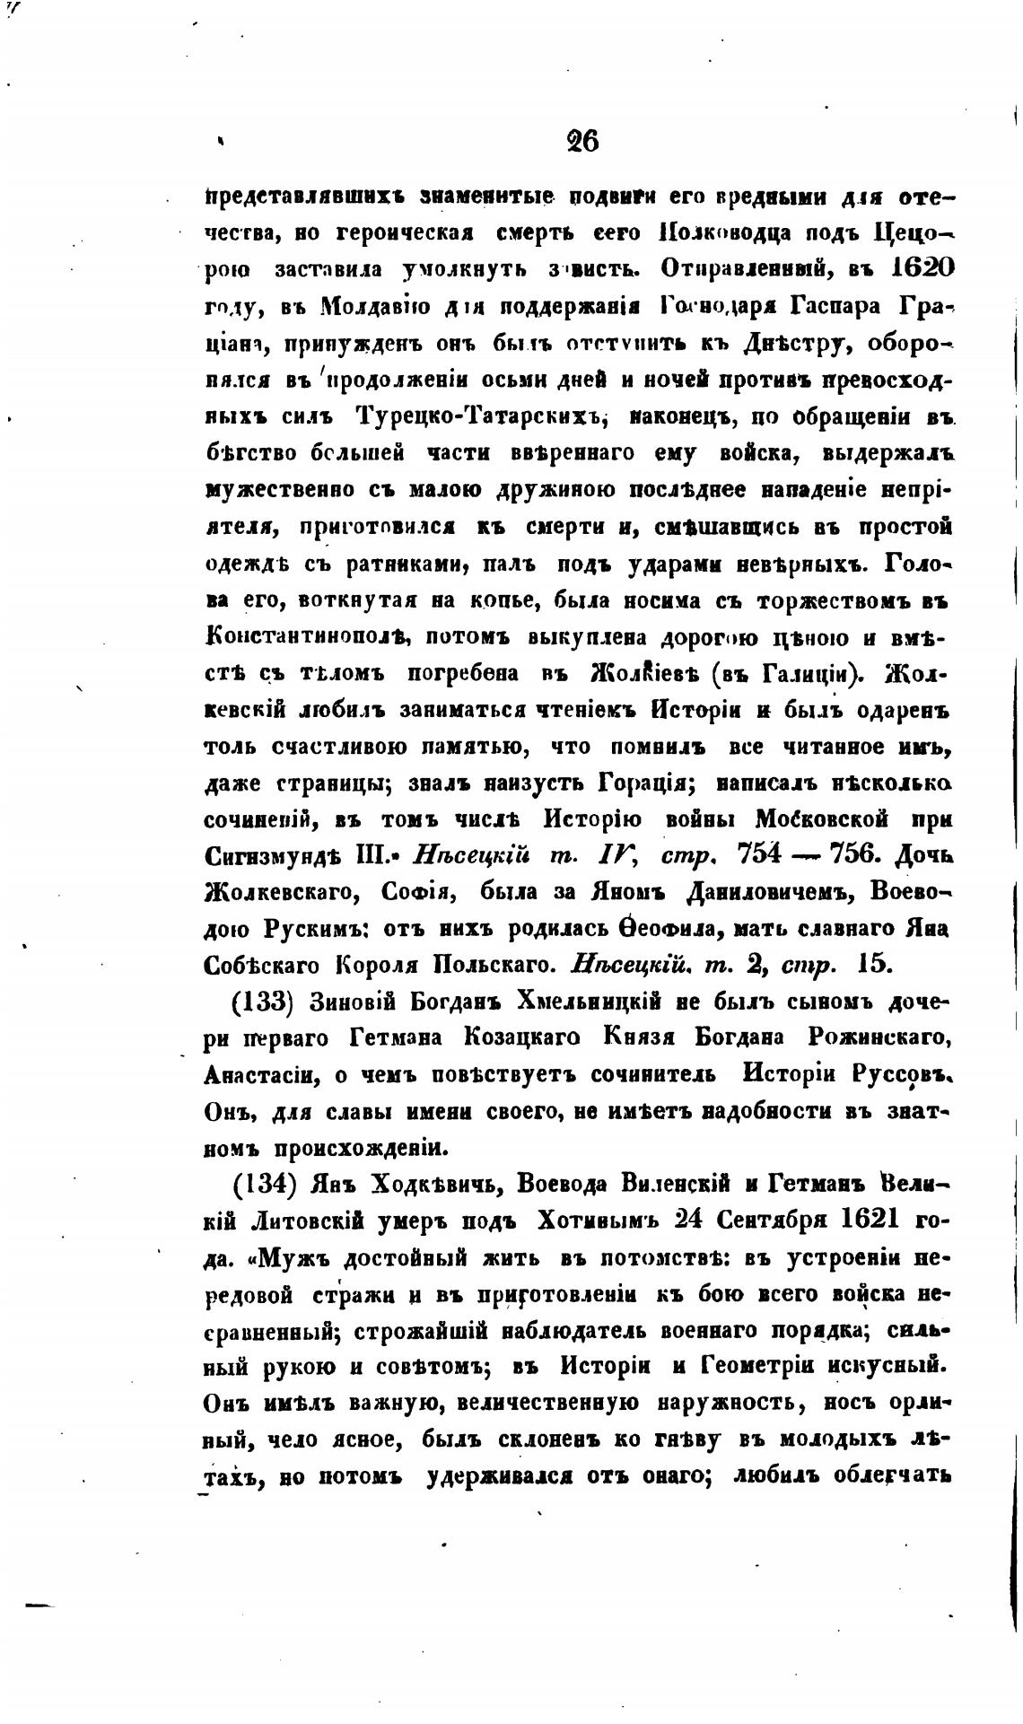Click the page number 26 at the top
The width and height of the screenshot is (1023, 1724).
pos(582,141)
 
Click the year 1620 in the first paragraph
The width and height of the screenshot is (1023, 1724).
pos(909,268)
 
